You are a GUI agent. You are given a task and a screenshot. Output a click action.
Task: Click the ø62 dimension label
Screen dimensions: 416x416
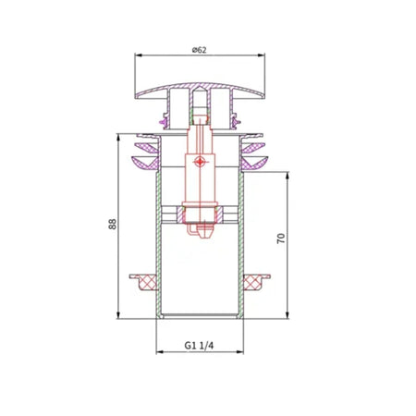point(199,50)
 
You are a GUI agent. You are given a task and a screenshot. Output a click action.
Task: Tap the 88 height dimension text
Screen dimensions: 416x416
point(113,224)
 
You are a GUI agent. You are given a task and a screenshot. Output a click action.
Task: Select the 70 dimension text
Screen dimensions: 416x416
point(281,239)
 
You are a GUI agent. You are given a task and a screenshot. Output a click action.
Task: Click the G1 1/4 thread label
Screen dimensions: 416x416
point(199,346)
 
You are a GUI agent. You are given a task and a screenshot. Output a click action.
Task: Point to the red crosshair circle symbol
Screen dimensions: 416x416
point(200,161)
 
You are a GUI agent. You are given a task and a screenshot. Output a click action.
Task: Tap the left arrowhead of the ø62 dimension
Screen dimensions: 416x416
point(138,55)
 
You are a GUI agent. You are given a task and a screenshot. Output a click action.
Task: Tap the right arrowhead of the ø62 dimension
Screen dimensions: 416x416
point(262,55)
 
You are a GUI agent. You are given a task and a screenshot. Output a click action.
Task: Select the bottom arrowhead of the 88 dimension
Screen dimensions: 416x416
point(118,315)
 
